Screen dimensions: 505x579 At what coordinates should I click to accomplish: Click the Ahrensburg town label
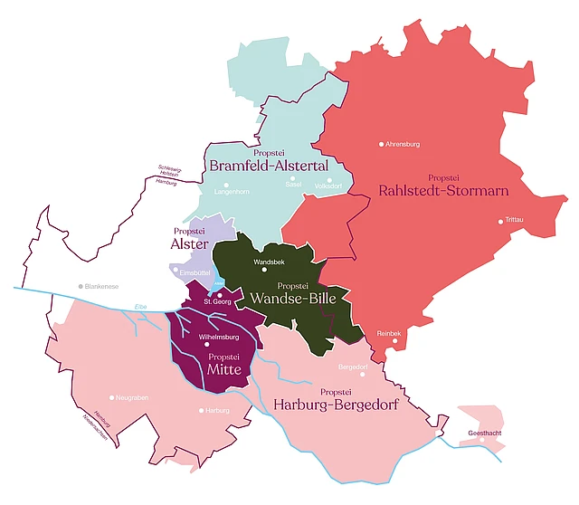coord(403,144)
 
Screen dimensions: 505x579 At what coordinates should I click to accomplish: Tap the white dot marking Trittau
coord(499,221)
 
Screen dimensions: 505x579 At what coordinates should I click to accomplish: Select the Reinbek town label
coord(389,334)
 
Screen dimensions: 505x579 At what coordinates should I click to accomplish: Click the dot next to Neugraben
coord(111,397)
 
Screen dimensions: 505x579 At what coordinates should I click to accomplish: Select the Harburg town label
coord(217,411)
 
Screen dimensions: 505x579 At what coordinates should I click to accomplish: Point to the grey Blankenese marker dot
coord(80,286)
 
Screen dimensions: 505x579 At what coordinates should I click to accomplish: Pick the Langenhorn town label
coord(231,192)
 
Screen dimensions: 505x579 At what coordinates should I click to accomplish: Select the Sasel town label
coord(291,185)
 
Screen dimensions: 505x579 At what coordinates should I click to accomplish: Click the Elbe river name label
coord(140,307)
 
